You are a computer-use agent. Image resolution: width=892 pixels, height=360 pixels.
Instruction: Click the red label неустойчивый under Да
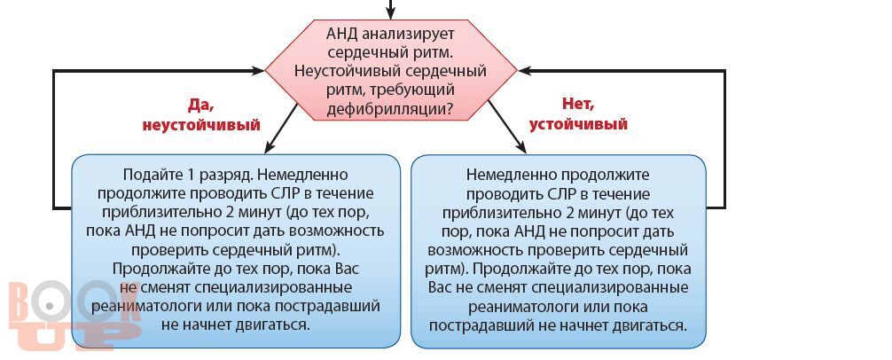coord(201,124)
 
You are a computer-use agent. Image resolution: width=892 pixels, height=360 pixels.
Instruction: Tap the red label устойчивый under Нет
coord(578,124)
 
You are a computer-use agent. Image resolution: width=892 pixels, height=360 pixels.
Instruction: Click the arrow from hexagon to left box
coord(281,129)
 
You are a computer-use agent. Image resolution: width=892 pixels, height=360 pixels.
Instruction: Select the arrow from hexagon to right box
coord(507,127)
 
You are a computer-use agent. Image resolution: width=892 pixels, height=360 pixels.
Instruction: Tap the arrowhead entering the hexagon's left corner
coord(258,71)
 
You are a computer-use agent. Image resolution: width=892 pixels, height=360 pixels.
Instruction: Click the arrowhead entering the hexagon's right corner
coord(525,71)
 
